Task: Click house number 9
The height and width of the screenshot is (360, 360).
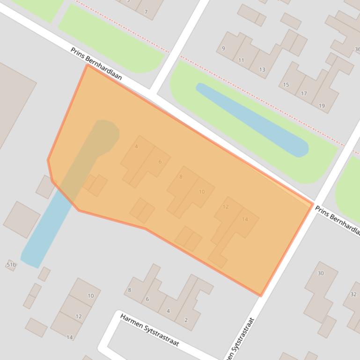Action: pos(223,49)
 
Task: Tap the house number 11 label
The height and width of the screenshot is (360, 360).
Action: pos(241,60)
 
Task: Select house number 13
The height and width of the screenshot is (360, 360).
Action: pos(262,70)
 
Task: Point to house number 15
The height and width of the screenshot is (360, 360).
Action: pos(286,85)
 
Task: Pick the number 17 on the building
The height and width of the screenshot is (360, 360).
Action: pos(304,94)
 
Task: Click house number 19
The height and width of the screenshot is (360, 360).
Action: pos(322,106)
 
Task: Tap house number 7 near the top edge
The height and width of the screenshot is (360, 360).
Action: pos(146,12)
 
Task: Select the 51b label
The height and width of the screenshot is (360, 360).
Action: pos(11,265)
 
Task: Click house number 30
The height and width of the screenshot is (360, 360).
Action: pos(321,273)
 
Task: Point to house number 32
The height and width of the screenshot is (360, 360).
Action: pos(353,294)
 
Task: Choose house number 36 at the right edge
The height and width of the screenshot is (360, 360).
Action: pos(357,49)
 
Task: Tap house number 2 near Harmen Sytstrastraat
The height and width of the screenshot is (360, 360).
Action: pos(186,320)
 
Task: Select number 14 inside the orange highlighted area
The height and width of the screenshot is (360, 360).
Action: pos(245,219)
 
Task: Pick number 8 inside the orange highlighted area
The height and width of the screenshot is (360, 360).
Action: pos(181,177)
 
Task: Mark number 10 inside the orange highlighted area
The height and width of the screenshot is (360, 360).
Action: pos(202,192)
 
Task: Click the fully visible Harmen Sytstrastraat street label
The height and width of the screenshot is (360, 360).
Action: pos(149,330)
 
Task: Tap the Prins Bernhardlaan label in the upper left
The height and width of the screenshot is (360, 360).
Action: pos(96,63)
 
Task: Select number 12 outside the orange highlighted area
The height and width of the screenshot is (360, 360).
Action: pos(78,317)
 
